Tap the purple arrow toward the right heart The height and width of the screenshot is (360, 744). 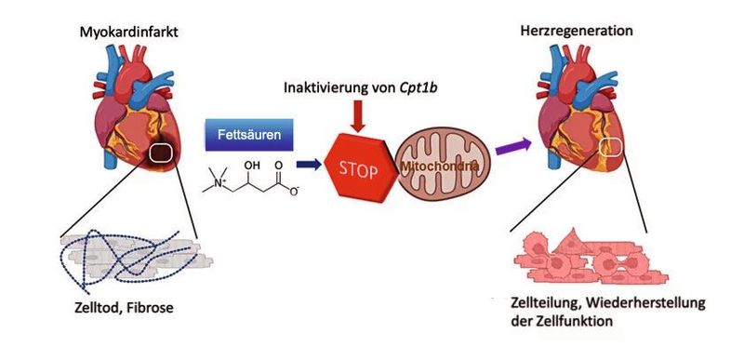[510, 145]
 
